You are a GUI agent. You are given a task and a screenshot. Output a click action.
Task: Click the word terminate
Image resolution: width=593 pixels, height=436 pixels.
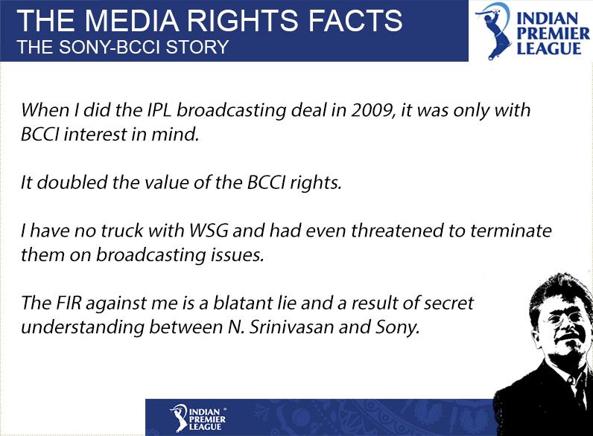coord(511,230)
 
